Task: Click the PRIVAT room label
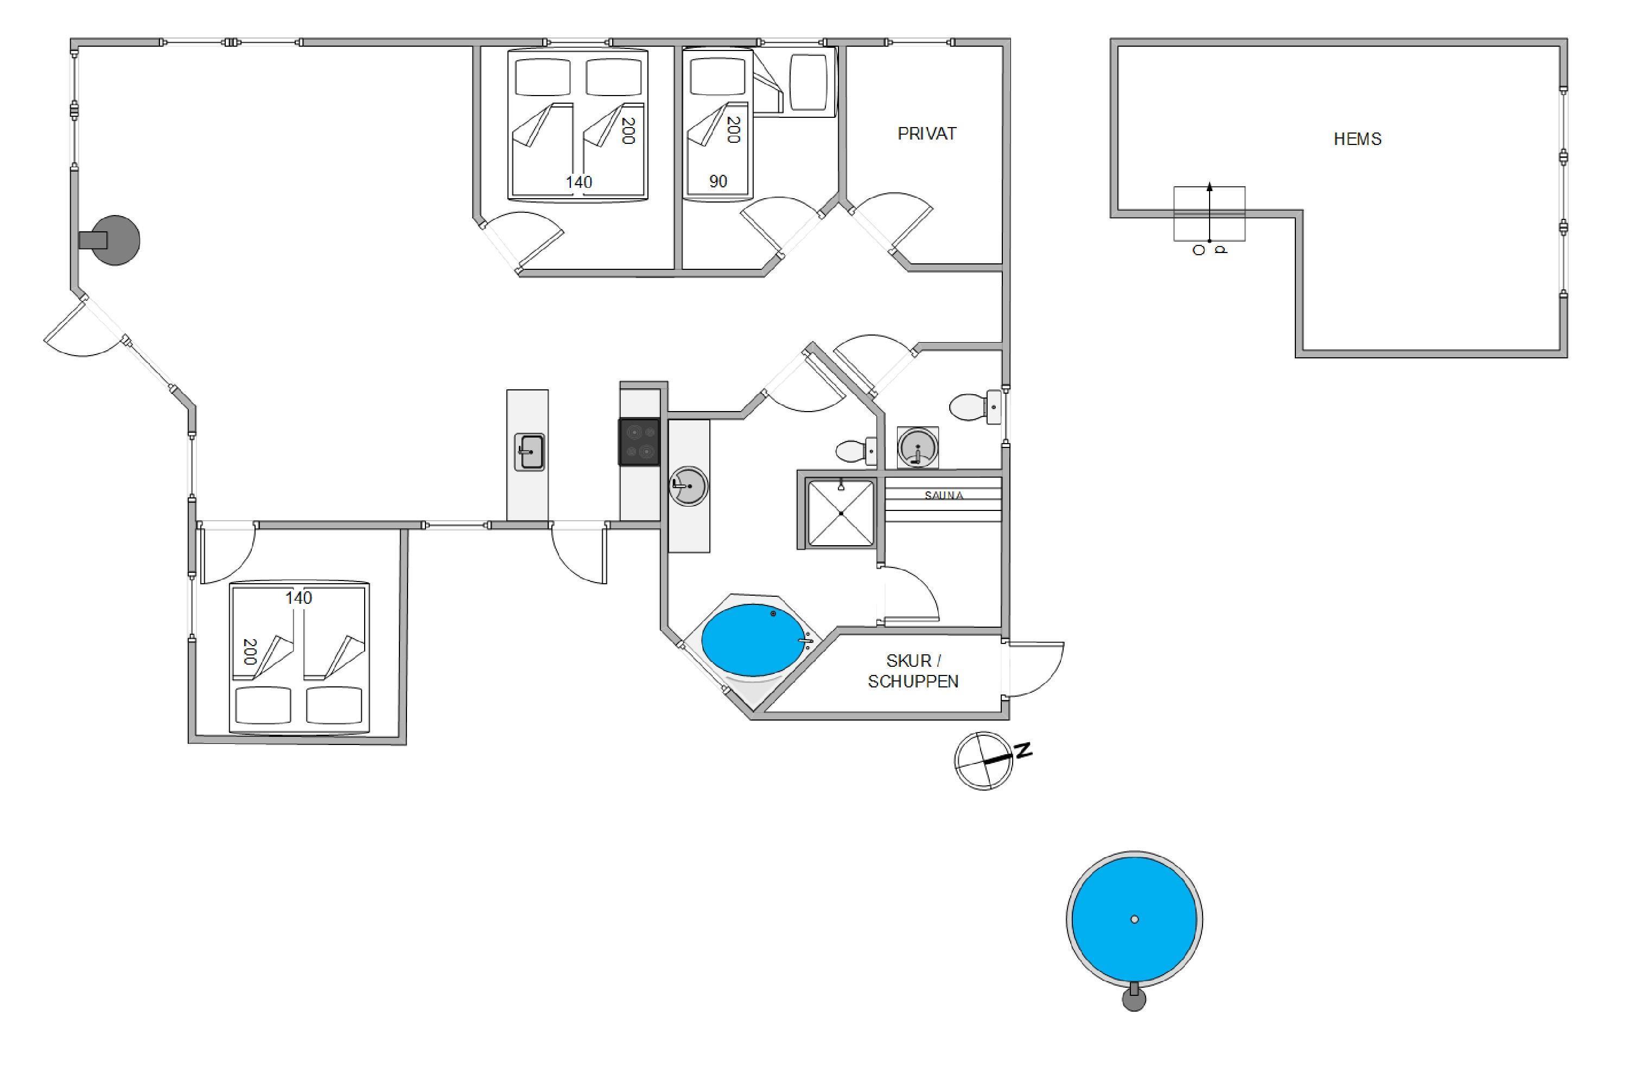pyautogui.click(x=926, y=134)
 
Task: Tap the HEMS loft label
pyautogui.click(x=1357, y=139)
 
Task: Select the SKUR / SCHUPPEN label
pyautogui.click(x=913, y=671)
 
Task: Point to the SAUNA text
pyautogui.click(x=944, y=495)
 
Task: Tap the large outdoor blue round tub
pyautogui.click(x=1134, y=919)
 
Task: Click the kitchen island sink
pyautogui.click(x=530, y=452)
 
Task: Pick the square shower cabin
pyautogui.click(x=841, y=513)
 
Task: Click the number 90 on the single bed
pyautogui.click(x=718, y=181)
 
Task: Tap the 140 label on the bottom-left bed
pyautogui.click(x=298, y=598)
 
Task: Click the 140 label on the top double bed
pyautogui.click(x=578, y=182)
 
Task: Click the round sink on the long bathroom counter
pyautogui.click(x=688, y=486)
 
